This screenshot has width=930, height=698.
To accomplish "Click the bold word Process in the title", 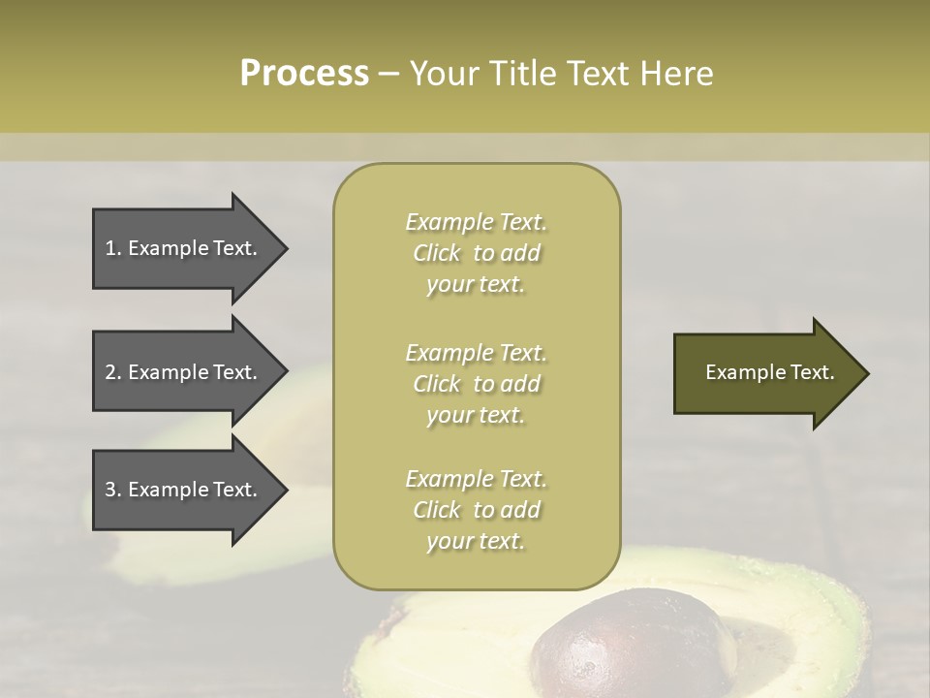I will tap(304, 74).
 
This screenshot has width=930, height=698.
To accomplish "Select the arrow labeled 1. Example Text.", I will tap(184, 249).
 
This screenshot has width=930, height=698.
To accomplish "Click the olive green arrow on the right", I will tap(765, 373).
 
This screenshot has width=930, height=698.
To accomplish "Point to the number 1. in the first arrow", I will tap(112, 249).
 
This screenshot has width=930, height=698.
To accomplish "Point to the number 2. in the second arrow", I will tap(112, 373).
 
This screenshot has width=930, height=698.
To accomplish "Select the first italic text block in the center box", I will tap(477, 253).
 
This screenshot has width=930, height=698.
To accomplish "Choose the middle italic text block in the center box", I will tap(477, 384).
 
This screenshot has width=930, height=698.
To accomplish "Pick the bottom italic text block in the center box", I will tap(477, 510).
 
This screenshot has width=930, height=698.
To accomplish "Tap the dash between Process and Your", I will tap(389, 74).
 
